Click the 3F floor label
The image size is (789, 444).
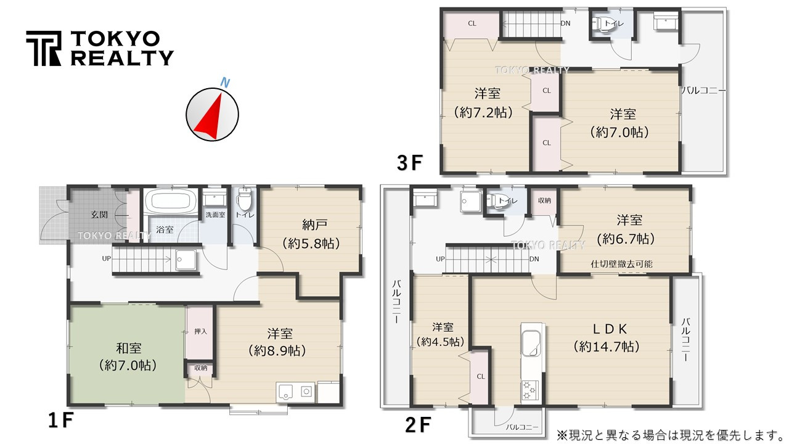click(x=410, y=163)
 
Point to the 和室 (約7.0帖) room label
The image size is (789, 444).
click(x=128, y=356)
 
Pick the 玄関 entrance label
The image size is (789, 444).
click(x=100, y=215)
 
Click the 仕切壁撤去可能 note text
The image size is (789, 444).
click(x=621, y=264)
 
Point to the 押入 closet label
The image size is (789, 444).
click(x=200, y=331)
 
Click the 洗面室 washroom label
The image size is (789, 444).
click(x=215, y=215)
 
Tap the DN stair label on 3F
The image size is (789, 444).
click(x=565, y=24)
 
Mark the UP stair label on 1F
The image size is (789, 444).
click(x=106, y=258)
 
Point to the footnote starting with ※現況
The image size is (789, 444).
click(x=669, y=434)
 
